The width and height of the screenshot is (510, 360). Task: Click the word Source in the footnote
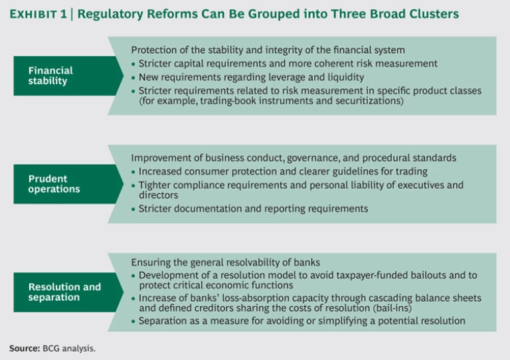pyautogui.click(x=23, y=347)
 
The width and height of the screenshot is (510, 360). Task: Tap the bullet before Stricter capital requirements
pyautogui.click(x=133, y=64)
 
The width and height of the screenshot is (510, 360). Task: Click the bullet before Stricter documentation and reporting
pyautogui.click(x=133, y=209)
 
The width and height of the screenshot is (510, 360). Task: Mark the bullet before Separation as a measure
pyautogui.click(x=133, y=321)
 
